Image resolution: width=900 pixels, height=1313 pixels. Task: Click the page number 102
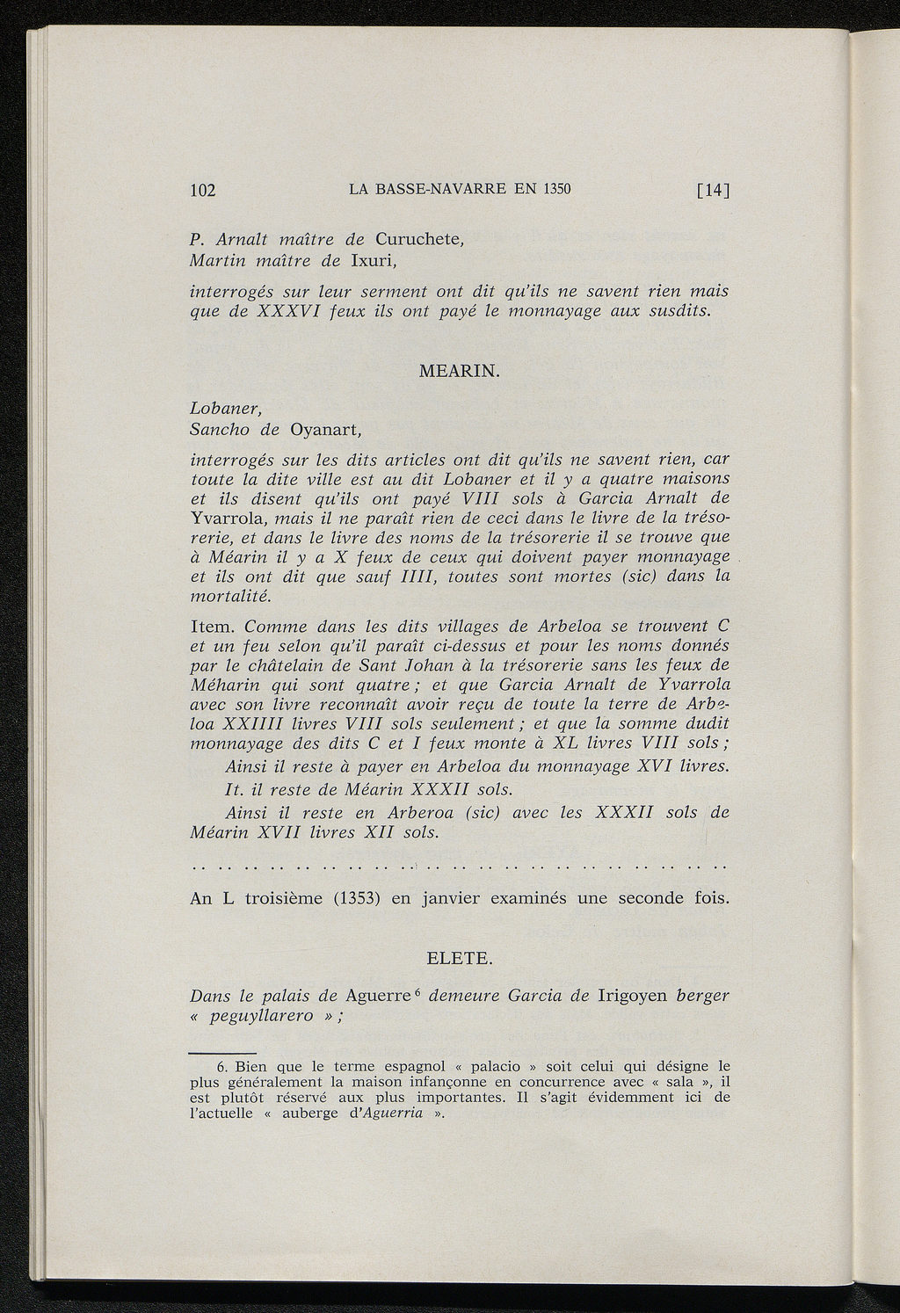pos(204,190)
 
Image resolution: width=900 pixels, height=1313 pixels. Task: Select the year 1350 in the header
pos(555,189)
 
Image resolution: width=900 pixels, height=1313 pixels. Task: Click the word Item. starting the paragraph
pos(213,627)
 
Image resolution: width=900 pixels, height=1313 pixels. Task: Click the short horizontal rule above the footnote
pos(222,1051)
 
